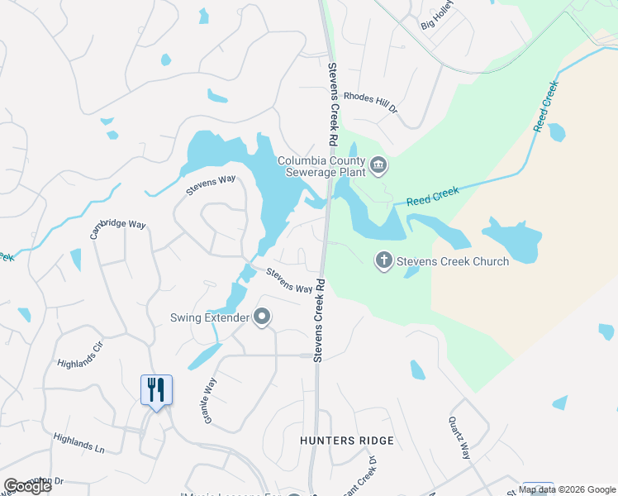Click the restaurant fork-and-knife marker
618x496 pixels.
[x=157, y=389]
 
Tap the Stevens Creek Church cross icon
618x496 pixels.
[x=383, y=261]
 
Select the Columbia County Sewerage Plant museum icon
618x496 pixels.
[x=379, y=166]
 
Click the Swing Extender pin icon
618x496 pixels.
[x=263, y=317]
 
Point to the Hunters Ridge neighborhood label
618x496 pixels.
[x=347, y=441]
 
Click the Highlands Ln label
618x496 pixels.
[x=78, y=443]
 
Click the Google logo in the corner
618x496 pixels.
[x=27, y=486]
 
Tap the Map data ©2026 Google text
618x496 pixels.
[x=567, y=489]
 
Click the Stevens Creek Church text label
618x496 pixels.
[x=453, y=261]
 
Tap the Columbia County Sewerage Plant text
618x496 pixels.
[x=321, y=166]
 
